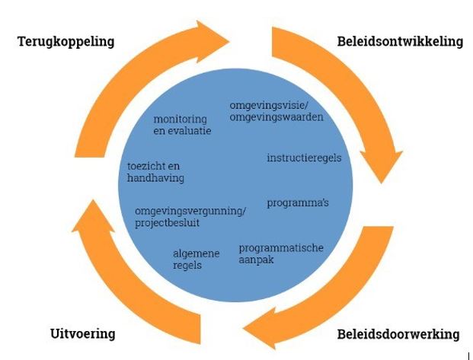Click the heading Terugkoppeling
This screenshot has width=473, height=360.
click(66, 41)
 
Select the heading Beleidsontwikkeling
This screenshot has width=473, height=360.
click(400, 41)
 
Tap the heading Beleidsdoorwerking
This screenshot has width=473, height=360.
click(398, 334)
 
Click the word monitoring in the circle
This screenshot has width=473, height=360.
click(181, 119)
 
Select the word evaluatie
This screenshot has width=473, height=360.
click(190, 130)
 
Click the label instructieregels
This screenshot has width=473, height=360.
click(304, 158)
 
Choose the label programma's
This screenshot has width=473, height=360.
click(298, 203)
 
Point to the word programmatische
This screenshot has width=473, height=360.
click(281, 248)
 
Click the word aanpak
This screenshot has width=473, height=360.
click(256, 259)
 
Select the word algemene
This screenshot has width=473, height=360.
click(197, 254)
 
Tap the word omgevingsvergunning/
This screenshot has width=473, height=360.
click(190, 211)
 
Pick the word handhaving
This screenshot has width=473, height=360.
click(155, 177)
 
